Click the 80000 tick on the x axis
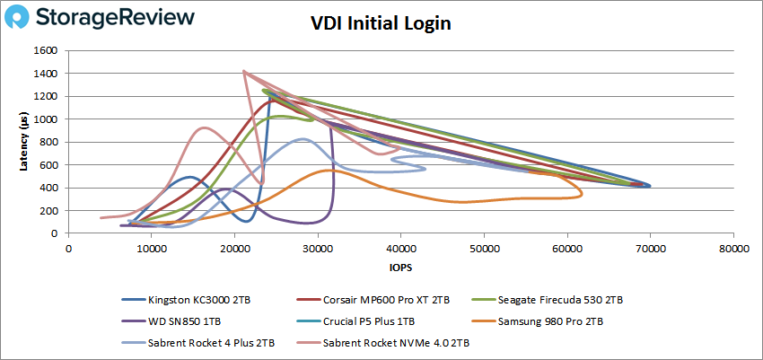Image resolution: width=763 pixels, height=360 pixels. point(732,248)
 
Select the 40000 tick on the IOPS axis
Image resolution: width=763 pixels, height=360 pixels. point(400,248)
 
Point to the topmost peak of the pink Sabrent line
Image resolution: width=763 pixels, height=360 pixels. point(244,71)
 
